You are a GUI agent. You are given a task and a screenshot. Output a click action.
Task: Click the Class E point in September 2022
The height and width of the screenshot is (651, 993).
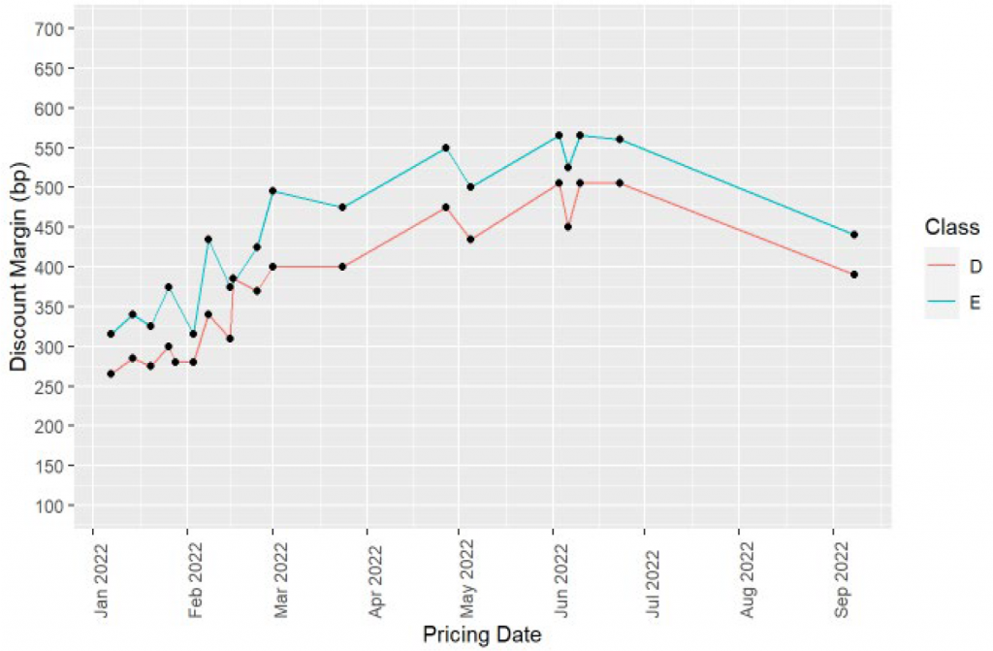tap(854, 235)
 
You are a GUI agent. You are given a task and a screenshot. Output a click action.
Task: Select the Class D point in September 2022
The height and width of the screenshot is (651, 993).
tap(854, 275)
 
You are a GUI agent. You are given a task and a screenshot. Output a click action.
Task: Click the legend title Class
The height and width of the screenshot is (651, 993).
tap(951, 227)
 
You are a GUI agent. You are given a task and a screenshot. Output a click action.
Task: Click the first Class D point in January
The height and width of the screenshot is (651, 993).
tap(111, 374)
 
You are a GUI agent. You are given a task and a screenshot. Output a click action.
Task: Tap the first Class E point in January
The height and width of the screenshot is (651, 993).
tap(111, 334)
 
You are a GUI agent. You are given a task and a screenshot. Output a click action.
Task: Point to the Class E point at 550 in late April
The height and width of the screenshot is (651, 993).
tap(445, 147)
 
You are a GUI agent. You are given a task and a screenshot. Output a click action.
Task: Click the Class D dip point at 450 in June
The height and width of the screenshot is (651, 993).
tap(567, 227)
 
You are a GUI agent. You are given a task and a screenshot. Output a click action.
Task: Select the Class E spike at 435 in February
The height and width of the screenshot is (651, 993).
tap(208, 239)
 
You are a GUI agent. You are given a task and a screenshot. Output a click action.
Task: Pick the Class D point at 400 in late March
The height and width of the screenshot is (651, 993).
tap(342, 267)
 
